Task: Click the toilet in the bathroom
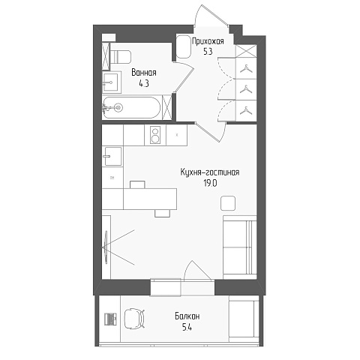tap(121, 57)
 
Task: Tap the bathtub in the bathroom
tap(131, 108)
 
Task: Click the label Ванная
tap(144, 73)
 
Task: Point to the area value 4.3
tap(144, 83)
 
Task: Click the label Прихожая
tap(208, 41)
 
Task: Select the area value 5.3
tap(208, 52)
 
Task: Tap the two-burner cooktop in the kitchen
tap(155, 135)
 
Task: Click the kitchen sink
tap(113, 156)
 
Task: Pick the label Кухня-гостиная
tap(210, 172)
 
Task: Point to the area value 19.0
tap(210, 184)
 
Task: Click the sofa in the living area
tap(240, 247)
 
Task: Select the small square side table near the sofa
tap(228, 203)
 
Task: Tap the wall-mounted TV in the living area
tap(106, 247)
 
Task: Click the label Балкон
tap(187, 316)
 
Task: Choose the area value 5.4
tap(187, 327)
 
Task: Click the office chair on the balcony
tap(134, 319)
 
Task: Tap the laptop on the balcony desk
tap(110, 319)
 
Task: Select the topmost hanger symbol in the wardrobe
tap(246, 69)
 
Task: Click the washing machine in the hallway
tap(184, 46)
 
